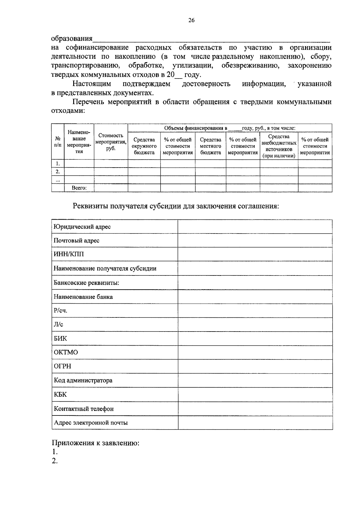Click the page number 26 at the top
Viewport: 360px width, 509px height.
(x=191, y=20)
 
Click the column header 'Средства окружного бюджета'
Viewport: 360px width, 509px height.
(x=144, y=146)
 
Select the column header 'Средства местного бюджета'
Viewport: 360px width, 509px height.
(x=210, y=146)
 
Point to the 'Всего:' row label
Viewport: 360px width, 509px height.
(x=79, y=188)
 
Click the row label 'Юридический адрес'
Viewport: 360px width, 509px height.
(x=82, y=227)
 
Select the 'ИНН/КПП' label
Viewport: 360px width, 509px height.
(x=69, y=254)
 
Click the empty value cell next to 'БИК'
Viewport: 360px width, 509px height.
(x=255, y=338)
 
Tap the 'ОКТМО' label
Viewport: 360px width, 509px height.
(x=66, y=352)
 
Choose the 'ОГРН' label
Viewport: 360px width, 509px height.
(x=62, y=366)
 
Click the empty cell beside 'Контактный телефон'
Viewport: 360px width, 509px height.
(x=255, y=409)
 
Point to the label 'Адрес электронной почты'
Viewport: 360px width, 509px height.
(x=91, y=423)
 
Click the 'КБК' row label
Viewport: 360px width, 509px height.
(x=60, y=394)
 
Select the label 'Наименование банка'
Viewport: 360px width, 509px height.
(x=83, y=297)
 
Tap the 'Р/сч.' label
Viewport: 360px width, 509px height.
(x=61, y=311)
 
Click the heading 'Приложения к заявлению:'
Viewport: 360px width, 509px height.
(x=95, y=443)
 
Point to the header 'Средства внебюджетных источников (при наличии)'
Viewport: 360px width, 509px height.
(x=279, y=146)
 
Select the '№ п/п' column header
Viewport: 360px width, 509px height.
(x=58, y=142)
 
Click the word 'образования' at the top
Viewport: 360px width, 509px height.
(x=72, y=39)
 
